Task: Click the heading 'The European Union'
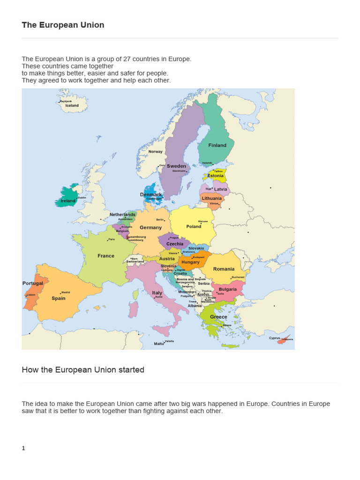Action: tap(63, 25)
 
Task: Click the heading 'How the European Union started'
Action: tap(83, 370)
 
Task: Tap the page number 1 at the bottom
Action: tap(23, 448)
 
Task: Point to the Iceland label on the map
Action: tap(72, 105)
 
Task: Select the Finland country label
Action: tap(217, 145)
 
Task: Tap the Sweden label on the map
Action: tap(177, 166)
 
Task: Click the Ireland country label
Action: tap(68, 201)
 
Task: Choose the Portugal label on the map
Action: tap(33, 283)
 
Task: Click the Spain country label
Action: tap(59, 298)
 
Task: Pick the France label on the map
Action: tap(106, 255)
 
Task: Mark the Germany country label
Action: tap(150, 227)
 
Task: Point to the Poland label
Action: tap(194, 226)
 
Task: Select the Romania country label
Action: tap(224, 269)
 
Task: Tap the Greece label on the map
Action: tap(218, 317)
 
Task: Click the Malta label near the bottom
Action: tap(159, 344)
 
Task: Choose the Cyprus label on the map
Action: tap(274, 338)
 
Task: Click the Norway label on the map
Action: tap(156, 151)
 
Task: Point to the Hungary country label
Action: tap(190, 262)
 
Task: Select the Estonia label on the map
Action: tap(216, 176)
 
